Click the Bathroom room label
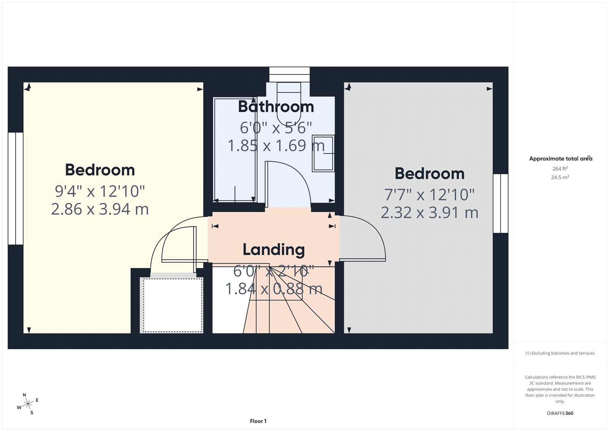pos(276,107)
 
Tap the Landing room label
pos(274,250)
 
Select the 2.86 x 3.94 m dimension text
pos(100,209)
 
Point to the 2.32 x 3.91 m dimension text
pos(429,213)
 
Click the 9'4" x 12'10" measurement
pos(100,191)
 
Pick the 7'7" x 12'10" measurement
pos(429,195)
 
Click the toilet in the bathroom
pos(289,101)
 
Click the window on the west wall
pos(16,188)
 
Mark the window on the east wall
pos(501,203)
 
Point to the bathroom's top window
pos(289,74)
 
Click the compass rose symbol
pos(28,404)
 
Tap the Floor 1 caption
pos(258,421)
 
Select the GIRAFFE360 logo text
pos(560,413)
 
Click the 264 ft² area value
pos(560,168)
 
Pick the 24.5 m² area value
pos(560,177)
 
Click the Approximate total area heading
pos(560,159)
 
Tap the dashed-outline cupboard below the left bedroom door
pos(172,305)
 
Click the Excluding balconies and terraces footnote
pos(560,353)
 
